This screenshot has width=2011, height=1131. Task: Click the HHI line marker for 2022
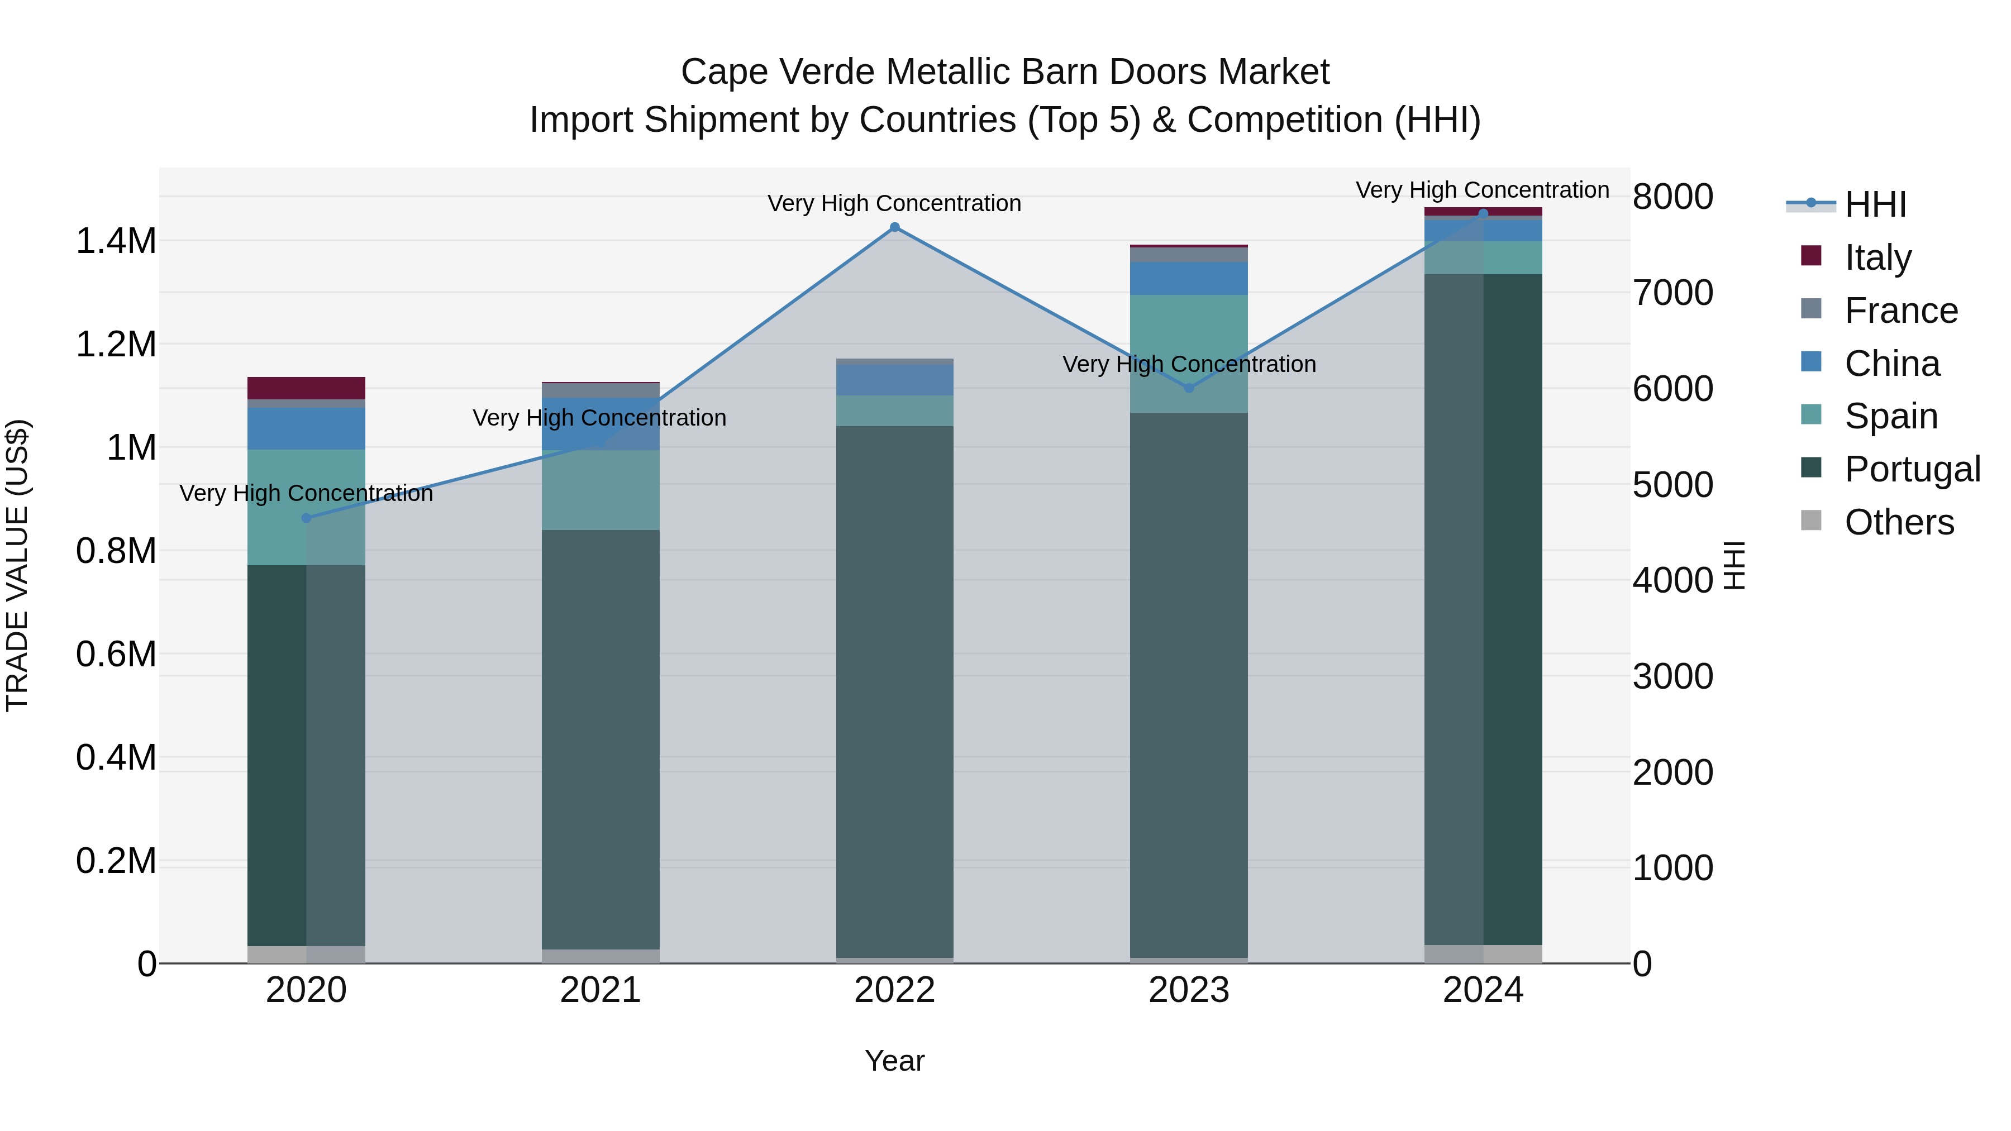coord(895,227)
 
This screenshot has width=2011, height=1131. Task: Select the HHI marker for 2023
coord(1189,388)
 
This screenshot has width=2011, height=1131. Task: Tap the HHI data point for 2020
coord(306,518)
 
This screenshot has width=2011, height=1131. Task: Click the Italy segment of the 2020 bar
coord(306,388)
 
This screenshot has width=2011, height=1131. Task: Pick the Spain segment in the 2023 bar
coord(1189,353)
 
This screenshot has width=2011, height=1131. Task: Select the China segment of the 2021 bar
coord(601,424)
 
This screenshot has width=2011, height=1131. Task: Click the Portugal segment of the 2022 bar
coord(895,691)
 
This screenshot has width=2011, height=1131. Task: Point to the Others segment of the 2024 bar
coord(1483,954)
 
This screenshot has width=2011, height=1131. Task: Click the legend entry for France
coord(1900,311)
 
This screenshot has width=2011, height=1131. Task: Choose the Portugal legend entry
coord(1912,469)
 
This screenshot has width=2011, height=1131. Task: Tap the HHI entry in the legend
coord(1874,204)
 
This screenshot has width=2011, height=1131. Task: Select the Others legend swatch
coord(1810,521)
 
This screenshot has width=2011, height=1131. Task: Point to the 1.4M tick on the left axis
coord(116,241)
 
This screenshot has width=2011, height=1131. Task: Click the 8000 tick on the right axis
coord(1672,197)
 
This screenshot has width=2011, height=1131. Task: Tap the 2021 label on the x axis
coord(601,990)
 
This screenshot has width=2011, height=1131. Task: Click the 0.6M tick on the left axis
coord(116,654)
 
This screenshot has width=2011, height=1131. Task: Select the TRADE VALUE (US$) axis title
coord(17,565)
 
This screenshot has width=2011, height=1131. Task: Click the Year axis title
coord(895,1061)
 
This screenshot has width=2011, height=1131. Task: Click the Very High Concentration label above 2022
coord(895,204)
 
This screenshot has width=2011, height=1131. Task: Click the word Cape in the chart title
coord(723,72)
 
